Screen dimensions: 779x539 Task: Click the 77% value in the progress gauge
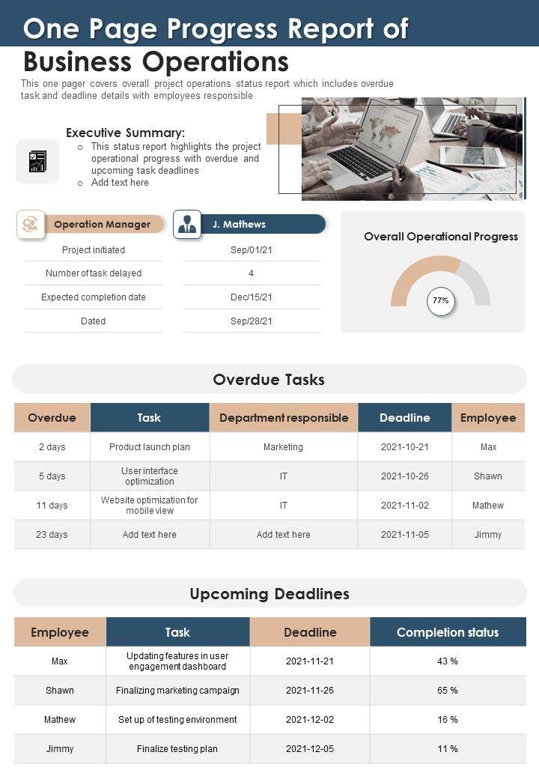[x=441, y=301]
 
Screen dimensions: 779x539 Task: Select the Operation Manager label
[x=102, y=225]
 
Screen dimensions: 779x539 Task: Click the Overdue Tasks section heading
[x=269, y=380]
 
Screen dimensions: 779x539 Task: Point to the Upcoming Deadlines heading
[x=269, y=594]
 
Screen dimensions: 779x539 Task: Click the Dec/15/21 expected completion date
[x=252, y=297]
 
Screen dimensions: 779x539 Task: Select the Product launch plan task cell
[x=150, y=447]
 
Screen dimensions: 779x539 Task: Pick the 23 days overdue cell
[x=52, y=535]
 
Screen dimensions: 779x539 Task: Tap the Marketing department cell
[x=283, y=447]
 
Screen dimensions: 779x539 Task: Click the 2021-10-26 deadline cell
[x=404, y=476]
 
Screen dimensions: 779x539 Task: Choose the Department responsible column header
[x=284, y=418]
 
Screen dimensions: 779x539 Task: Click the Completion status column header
[x=448, y=632]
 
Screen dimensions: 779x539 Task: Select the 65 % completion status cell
[x=448, y=691]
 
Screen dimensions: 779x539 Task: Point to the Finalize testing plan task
[x=177, y=749]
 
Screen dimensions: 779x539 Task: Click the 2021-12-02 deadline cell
[x=310, y=720]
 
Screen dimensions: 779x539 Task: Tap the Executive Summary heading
[x=125, y=133]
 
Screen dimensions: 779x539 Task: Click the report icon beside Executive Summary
[x=37, y=161]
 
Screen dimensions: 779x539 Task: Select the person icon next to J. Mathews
[x=187, y=225]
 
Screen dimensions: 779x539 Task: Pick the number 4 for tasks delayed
[x=252, y=273]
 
